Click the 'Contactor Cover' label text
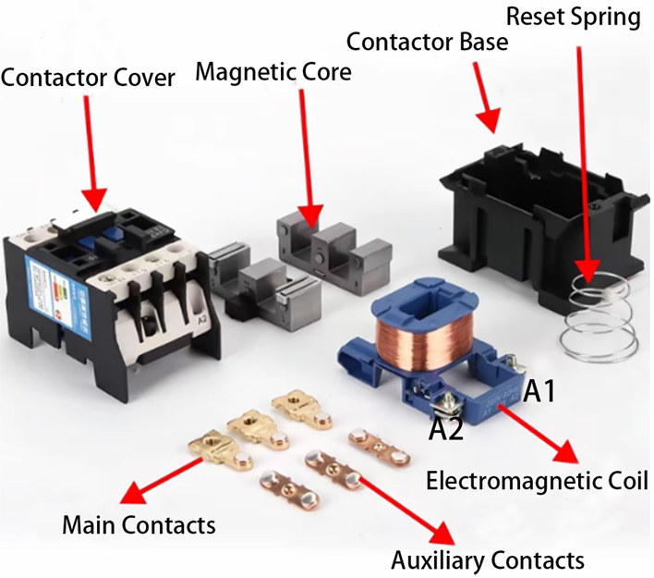pos(88,78)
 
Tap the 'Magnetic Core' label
pos(274,71)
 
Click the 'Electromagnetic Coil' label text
pos(536,481)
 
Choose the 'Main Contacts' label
pos(139,525)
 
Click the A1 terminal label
pos(539,392)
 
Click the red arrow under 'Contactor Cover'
pos(90,148)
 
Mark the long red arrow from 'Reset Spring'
pos(582,157)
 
